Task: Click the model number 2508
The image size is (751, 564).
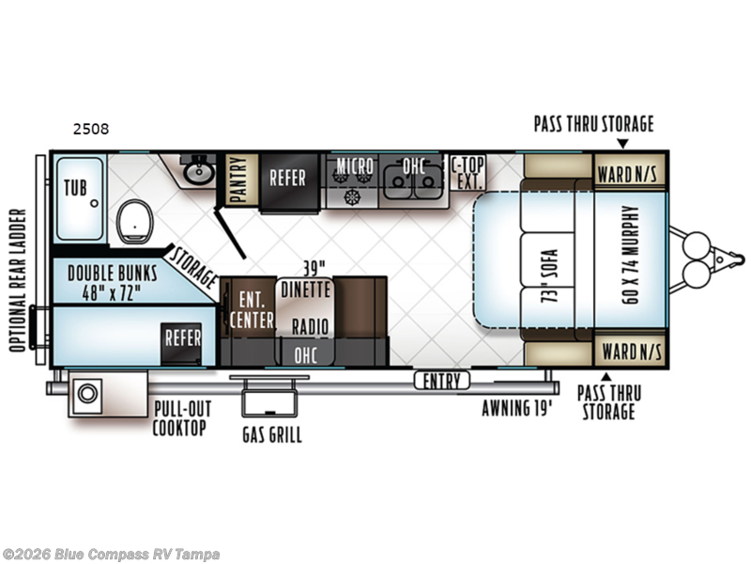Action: coord(91,129)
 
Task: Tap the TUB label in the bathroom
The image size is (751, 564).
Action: coord(76,188)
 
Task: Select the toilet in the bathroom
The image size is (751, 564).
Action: coord(134,221)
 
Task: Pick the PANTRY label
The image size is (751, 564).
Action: coord(238,180)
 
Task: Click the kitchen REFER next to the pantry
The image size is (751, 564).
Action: coord(287,178)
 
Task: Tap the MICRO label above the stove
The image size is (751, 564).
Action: coord(355,166)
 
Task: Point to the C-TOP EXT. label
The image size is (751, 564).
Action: coord(467,173)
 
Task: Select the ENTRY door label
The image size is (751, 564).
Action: coord(441,382)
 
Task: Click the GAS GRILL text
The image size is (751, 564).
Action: coord(272,435)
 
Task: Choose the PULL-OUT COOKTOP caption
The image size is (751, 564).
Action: coord(181,418)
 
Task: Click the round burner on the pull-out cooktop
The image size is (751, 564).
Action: coord(87,394)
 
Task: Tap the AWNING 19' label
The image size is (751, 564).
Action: coord(517,408)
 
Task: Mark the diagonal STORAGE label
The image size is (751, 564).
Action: coord(194,268)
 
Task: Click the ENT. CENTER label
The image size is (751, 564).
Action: coord(252,310)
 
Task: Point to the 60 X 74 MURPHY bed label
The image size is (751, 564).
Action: coord(631,255)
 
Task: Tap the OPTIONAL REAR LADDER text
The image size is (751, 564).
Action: coord(17,280)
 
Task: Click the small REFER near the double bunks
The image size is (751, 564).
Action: coord(182,338)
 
